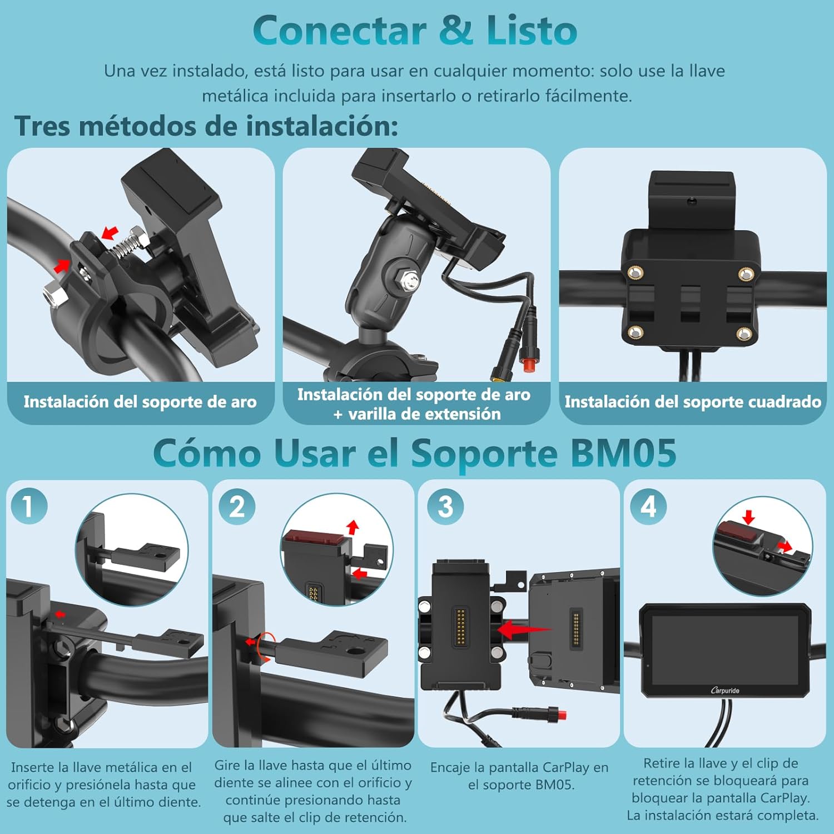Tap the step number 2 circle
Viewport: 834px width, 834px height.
click(x=236, y=507)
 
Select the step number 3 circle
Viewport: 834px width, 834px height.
click(x=445, y=507)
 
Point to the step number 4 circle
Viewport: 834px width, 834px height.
click(x=648, y=507)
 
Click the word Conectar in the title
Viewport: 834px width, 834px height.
click(x=340, y=31)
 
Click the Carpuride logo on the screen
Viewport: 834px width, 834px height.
click(x=725, y=691)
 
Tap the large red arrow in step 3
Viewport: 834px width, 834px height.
click(x=523, y=630)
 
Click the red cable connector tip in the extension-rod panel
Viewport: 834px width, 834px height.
click(x=530, y=364)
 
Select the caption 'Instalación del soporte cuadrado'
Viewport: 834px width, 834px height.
click(x=693, y=402)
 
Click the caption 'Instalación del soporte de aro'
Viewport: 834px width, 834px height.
click(x=140, y=402)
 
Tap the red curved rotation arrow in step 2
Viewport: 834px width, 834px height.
click(x=266, y=647)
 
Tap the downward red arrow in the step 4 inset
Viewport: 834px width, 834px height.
click(x=748, y=518)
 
